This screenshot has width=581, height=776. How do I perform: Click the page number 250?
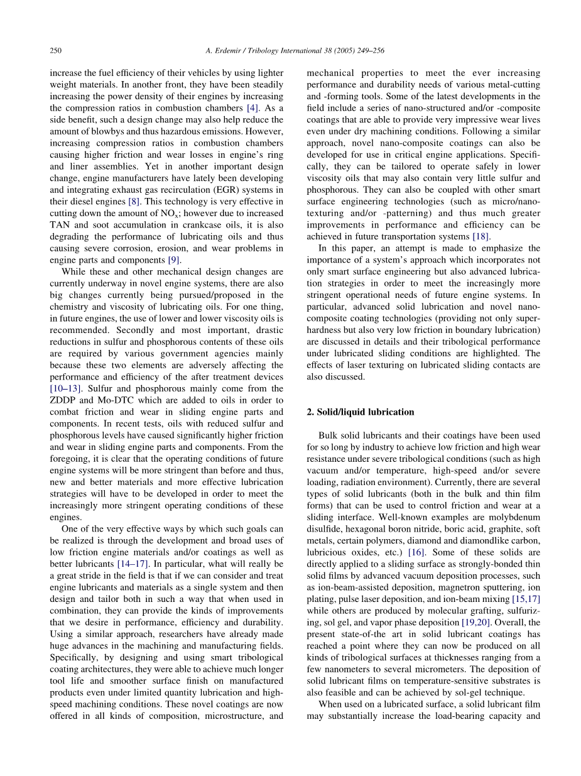coord(55,50)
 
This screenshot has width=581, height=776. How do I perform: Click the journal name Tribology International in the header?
coord(277,50)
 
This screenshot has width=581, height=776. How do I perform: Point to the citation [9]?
coord(172,260)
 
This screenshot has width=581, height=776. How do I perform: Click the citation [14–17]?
coord(133,564)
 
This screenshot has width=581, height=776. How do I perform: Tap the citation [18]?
coord(481,237)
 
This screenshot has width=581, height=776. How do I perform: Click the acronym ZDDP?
coord(62,400)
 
